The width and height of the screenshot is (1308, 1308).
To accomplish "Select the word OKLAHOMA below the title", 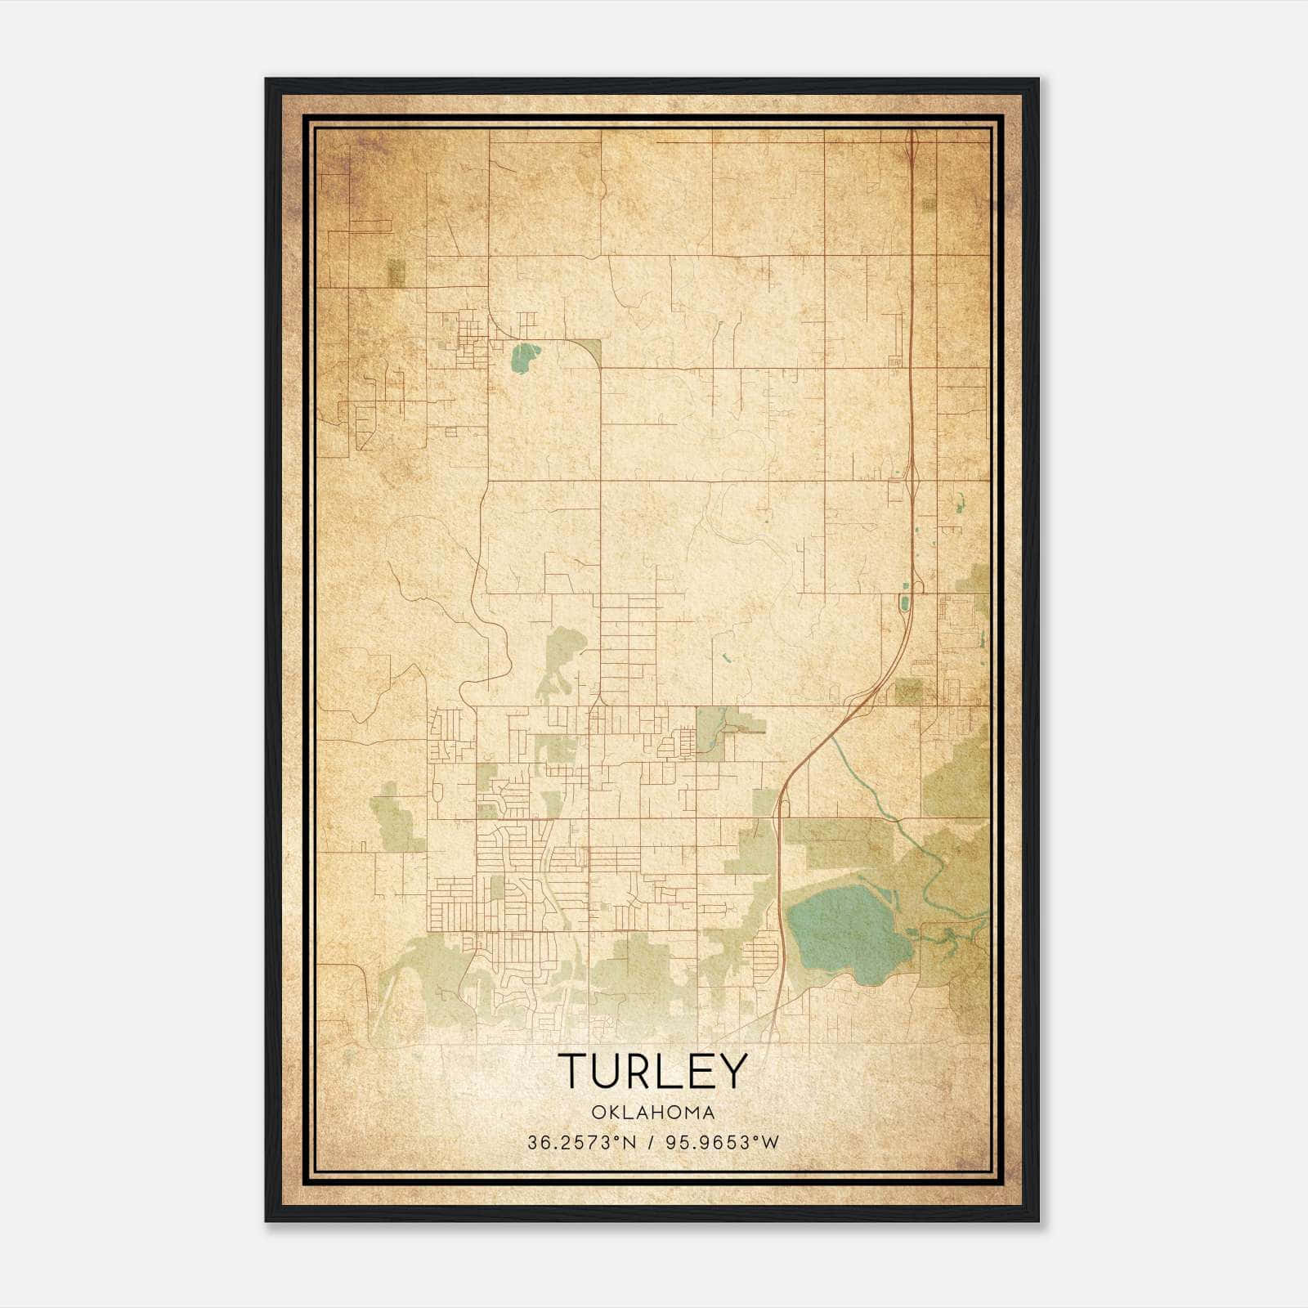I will tap(653, 1113).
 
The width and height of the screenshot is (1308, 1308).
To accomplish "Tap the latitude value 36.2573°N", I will tap(581, 1142).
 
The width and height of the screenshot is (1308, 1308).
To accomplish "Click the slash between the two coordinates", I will tap(652, 1142).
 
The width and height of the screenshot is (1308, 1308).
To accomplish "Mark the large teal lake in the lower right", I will tap(846, 932).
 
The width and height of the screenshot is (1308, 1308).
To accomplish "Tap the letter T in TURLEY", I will tap(573, 1071).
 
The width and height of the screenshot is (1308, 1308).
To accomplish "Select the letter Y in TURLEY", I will tap(732, 1071).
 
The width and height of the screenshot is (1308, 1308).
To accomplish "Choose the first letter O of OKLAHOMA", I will tap(596, 1113).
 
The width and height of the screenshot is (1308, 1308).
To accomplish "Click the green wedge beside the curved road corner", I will tap(590, 349).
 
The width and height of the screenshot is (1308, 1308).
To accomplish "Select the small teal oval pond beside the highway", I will tap(903, 603).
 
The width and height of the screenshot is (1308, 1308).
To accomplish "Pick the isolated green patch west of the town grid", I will tap(396, 817).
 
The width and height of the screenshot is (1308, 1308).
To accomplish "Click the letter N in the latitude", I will tap(629, 1142).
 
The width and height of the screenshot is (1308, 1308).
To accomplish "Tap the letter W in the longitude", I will tap(771, 1142).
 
